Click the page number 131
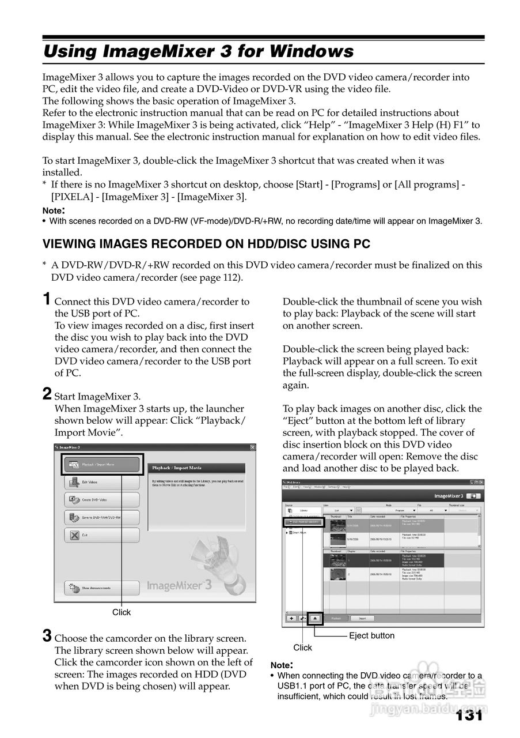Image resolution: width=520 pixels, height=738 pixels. click(469, 716)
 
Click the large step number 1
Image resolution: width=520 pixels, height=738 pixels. click(47, 299)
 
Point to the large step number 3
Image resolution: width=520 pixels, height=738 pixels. click(47, 636)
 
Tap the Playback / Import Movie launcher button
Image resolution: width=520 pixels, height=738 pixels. click(101, 464)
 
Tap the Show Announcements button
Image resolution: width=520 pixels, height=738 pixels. click(101, 588)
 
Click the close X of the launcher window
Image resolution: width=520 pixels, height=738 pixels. click(253, 447)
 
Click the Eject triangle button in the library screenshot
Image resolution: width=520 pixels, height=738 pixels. click(315, 618)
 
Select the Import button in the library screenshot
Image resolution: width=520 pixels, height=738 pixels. click(362, 618)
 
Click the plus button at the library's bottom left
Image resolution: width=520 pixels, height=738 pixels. click(291, 618)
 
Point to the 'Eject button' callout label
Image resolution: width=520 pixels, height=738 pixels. click(371, 635)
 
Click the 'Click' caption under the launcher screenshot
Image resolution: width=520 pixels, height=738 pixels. click(122, 612)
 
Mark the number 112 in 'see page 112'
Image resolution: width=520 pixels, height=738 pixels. click(232, 277)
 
